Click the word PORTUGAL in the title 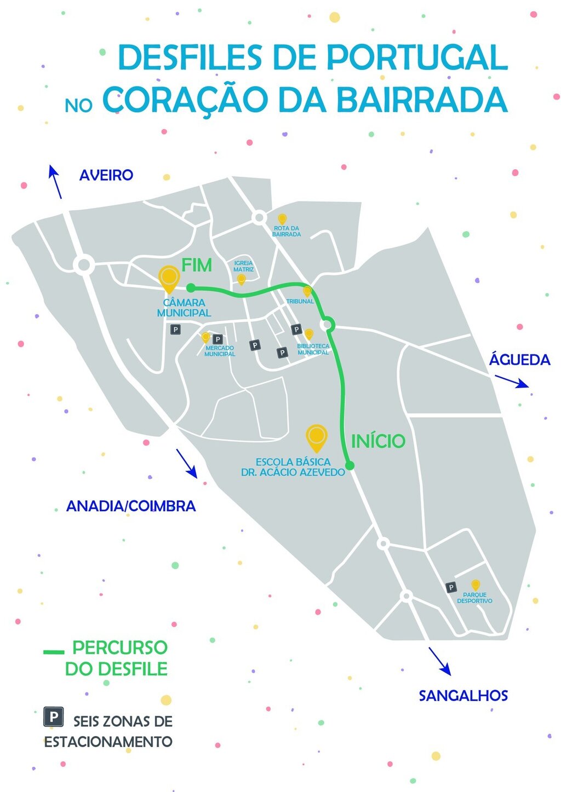pyautogui.click(x=417, y=57)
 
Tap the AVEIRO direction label pyautogui.click(x=106, y=175)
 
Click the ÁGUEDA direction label pyautogui.click(x=519, y=360)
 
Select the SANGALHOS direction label pyautogui.click(x=463, y=696)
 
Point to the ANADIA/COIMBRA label pyautogui.click(x=131, y=506)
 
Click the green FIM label pyautogui.click(x=197, y=265)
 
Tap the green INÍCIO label pyautogui.click(x=378, y=441)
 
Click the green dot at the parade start pyautogui.click(x=350, y=466)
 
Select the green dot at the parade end pyautogui.click(x=191, y=287)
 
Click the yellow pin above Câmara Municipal pyautogui.click(x=169, y=279)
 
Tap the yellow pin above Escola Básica pyautogui.click(x=316, y=437)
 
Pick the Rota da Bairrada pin pyautogui.click(x=282, y=219)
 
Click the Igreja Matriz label pyautogui.click(x=243, y=266)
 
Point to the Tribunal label pyautogui.click(x=300, y=302)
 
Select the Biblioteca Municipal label pyautogui.click(x=313, y=349)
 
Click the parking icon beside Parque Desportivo pyautogui.click(x=451, y=587)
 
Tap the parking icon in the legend pyautogui.click(x=53, y=716)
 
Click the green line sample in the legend pyautogui.click(x=54, y=652)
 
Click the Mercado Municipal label pyautogui.click(x=220, y=351)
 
